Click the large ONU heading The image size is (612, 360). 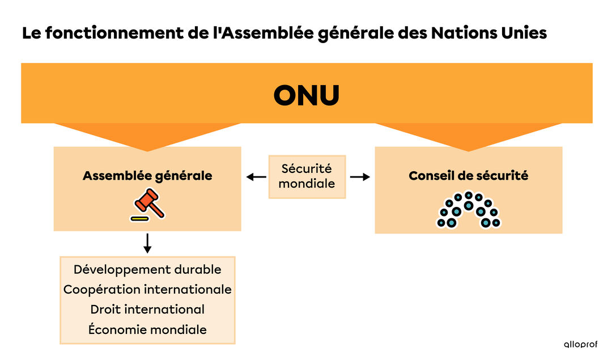pyautogui.click(x=307, y=96)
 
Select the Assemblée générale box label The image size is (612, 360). pyautogui.click(x=147, y=176)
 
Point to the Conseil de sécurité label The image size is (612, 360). pyautogui.click(x=468, y=176)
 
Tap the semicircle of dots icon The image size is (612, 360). pyautogui.click(x=469, y=210)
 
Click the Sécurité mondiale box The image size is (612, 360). pyautogui.click(x=307, y=176)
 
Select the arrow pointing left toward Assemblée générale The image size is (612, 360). pyautogui.click(x=256, y=177)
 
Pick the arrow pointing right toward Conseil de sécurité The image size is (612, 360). pyautogui.click(x=359, y=177)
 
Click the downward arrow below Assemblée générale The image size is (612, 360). pyautogui.click(x=147, y=242)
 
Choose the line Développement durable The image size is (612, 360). pyautogui.click(x=147, y=269)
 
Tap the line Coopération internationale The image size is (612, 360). pyautogui.click(x=147, y=289)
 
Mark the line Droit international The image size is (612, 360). pyautogui.click(x=147, y=310)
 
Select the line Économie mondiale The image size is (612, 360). pyautogui.click(x=147, y=329)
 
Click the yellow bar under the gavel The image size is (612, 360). pyautogui.click(x=139, y=218)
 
